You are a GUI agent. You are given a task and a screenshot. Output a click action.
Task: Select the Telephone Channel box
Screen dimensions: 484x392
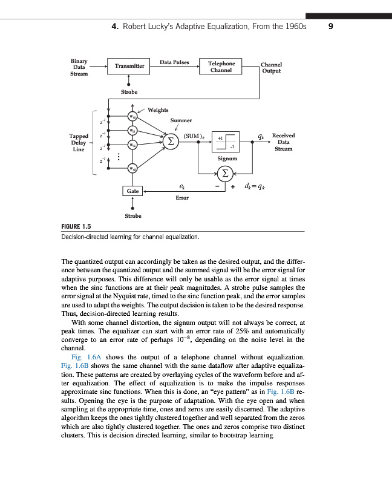(x=221, y=67)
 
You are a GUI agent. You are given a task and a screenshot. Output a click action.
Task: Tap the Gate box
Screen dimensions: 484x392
(x=133, y=191)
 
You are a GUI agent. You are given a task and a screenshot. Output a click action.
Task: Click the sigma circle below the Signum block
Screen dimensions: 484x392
(x=225, y=174)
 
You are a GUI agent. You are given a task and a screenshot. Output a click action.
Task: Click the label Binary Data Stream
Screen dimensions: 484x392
(x=79, y=67)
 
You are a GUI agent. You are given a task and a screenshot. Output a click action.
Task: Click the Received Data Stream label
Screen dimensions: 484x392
(x=283, y=142)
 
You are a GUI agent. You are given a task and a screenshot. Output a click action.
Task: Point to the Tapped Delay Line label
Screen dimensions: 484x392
(x=79, y=142)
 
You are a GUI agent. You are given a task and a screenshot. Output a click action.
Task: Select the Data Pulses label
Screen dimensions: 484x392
(x=174, y=62)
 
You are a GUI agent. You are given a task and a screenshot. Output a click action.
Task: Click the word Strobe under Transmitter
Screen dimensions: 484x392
(x=129, y=92)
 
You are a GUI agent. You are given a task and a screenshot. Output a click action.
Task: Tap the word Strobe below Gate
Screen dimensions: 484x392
(x=133, y=216)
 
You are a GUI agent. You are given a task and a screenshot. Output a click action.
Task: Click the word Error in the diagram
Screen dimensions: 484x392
(x=181, y=198)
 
